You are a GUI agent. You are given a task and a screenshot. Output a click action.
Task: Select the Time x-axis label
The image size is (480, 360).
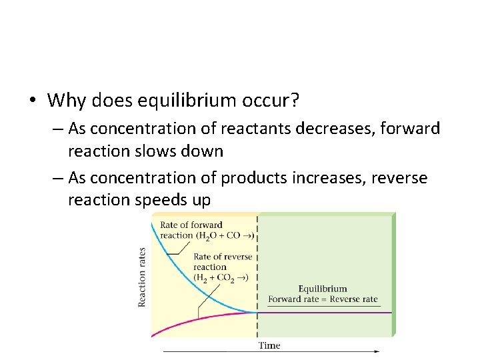click(x=269, y=345)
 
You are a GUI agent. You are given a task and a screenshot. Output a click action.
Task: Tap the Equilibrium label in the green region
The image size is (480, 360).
click(x=323, y=289)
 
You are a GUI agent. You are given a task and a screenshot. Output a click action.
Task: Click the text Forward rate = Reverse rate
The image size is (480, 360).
click(x=323, y=299)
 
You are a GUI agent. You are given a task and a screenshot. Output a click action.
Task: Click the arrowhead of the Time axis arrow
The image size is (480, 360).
click(x=377, y=351)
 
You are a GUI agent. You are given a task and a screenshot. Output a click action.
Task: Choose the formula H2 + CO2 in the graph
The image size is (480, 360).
click(x=217, y=277)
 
